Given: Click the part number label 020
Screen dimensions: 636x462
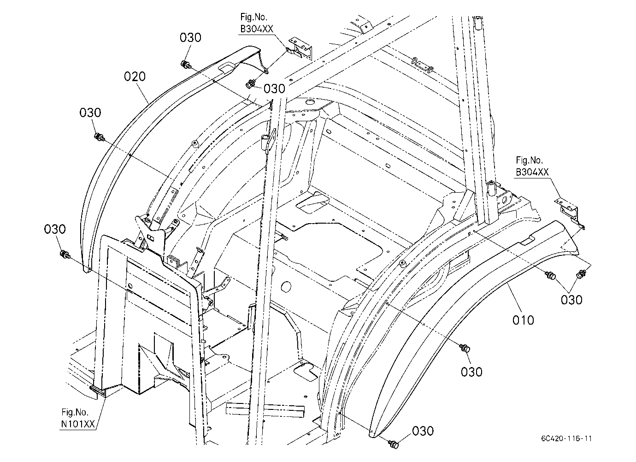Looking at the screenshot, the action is (135, 77).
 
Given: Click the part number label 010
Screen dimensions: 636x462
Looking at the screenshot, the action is (523, 320).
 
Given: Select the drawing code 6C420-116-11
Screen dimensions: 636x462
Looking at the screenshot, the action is (566, 438).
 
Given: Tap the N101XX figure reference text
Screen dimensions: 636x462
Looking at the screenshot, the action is (78, 424).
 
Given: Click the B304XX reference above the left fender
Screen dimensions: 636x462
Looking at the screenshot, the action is (257, 29).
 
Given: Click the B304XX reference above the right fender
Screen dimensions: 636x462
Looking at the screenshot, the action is (532, 172).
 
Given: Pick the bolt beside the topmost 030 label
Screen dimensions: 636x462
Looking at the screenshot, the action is (185, 65).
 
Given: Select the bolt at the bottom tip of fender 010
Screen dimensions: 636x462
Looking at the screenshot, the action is (394, 444).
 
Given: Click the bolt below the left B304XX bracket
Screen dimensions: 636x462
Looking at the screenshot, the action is (250, 84).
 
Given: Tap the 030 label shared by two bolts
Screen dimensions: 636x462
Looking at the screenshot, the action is (571, 300).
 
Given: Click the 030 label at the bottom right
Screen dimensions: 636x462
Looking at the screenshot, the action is (423, 431).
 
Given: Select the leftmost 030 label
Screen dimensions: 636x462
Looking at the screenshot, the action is (55, 229).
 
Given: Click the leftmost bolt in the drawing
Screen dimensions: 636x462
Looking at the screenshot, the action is (65, 255).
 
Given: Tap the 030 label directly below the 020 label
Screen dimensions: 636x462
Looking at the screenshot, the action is (90, 113).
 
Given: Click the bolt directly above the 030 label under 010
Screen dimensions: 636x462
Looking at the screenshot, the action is (465, 348).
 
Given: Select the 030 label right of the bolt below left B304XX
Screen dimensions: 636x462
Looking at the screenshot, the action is (274, 89).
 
